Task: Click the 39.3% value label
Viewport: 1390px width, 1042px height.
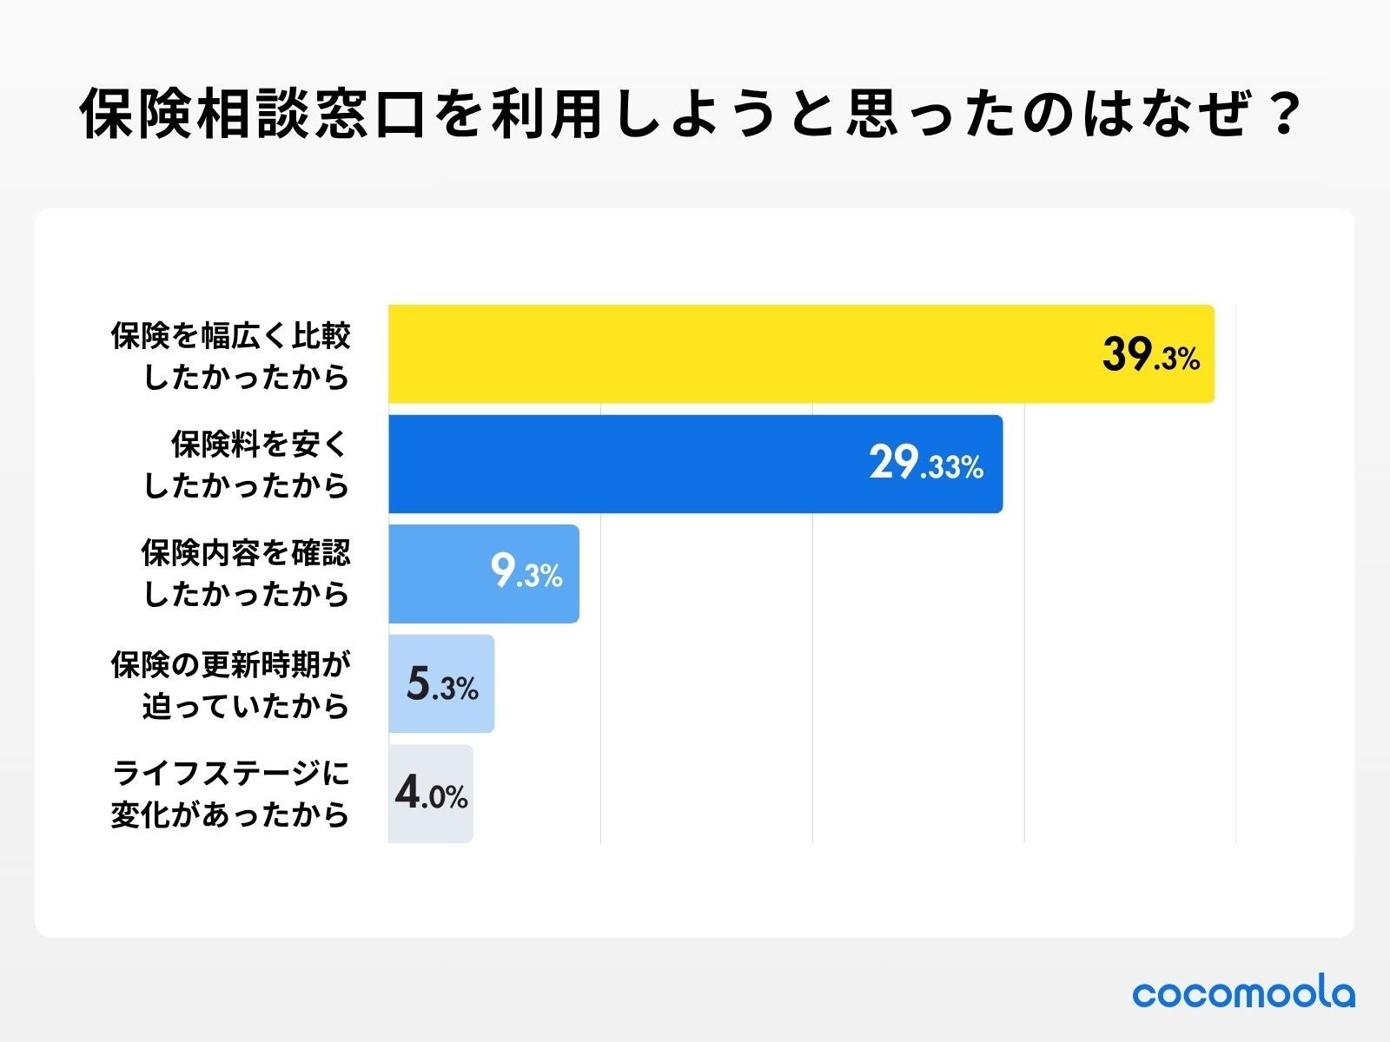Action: [x=1150, y=355]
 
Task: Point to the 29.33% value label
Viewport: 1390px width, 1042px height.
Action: [x=926, y=464]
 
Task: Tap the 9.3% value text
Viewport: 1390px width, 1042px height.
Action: [x=526, y=573]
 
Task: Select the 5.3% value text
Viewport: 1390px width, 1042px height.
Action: [x=442, y=685]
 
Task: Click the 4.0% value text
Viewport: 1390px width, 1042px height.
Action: [x=431, y=794]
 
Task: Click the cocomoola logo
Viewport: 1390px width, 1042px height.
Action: [x=1243, y=993]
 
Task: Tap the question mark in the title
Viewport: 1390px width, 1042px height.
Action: [x=1282, y=114]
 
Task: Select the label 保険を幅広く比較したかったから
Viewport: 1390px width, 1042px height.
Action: [x=230, y=356]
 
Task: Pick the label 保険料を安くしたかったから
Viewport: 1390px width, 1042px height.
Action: [x=247, y=465]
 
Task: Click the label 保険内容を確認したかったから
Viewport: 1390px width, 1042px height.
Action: [x=246, y=573]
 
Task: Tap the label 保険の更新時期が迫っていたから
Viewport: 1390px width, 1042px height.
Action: [x=230, y=685]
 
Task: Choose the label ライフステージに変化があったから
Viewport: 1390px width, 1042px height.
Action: [x=230, y=794]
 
